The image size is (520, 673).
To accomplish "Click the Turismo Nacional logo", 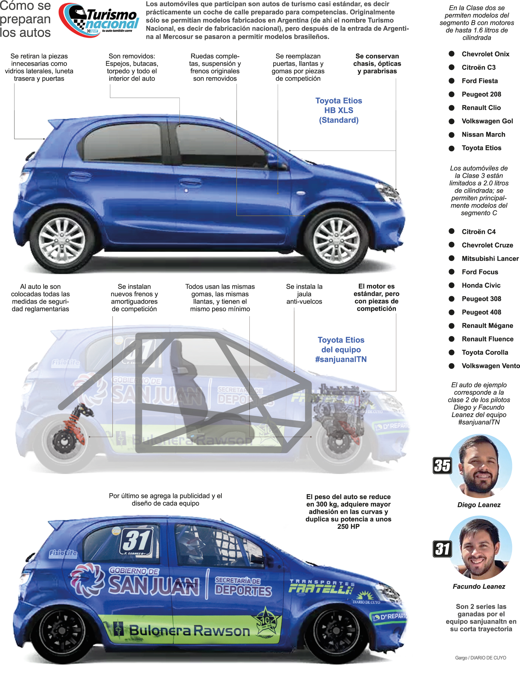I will pyautogui.click(x=99, y=20).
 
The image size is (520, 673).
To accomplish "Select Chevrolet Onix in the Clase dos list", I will pyautogui.click(x=485, y=54).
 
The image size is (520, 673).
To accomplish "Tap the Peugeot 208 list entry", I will pyautogui.click(x=481, y=94).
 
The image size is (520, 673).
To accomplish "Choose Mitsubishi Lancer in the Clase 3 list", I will pyautogui.click(x=490, y=259).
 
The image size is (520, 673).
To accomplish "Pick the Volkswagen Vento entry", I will pyautogui.click(x=491, y=366).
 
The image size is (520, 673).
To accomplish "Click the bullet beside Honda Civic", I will pyautogui.click(x=451, y=285).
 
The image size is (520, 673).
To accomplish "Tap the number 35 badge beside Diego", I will pyautogui.click(x=442, y=466).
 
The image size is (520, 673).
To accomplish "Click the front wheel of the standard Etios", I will pyautogui.click(x=336, y=241).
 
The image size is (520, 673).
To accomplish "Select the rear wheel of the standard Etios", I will pyautogui.click(x=62, y=241).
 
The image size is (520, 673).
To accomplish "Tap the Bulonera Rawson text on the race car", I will pyautogui.click(x=189, y=630).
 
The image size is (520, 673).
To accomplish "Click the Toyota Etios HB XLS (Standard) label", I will pyautogui.click(x=338, y=110).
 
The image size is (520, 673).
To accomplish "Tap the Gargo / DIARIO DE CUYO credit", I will pyautogui.click(x=480, y=658).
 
